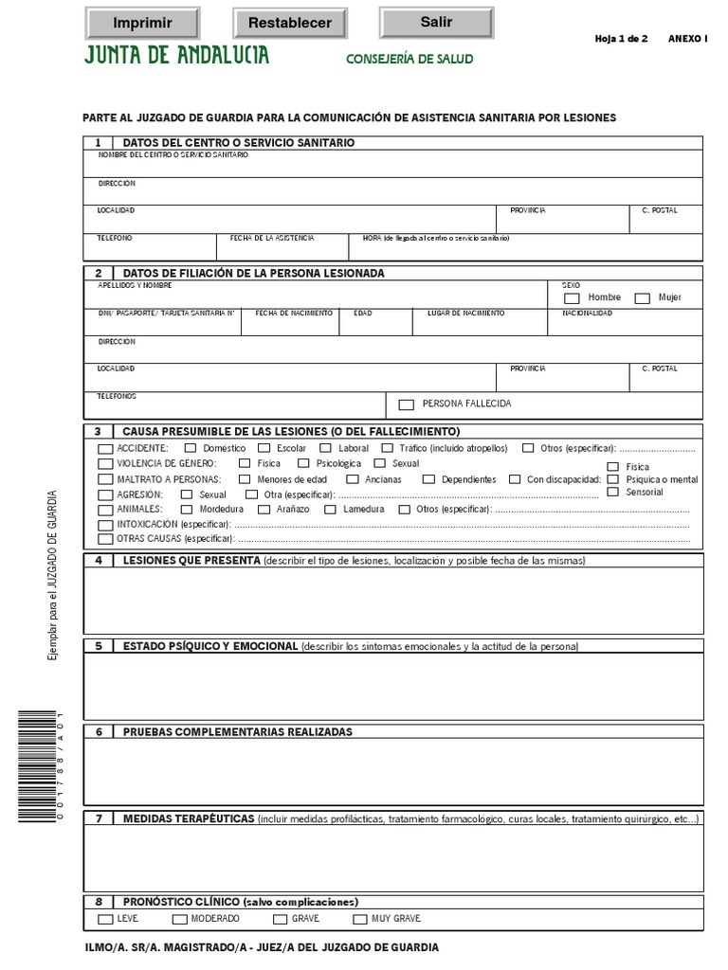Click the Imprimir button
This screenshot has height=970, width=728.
142,23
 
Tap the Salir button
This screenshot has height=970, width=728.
436,22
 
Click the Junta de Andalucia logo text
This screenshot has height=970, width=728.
177,56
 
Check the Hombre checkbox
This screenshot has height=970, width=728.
572,298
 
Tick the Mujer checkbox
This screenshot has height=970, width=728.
642,298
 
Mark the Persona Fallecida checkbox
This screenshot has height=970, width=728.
407,404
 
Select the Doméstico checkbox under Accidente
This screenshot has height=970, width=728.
191,448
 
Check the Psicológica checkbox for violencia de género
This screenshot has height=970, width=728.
303,464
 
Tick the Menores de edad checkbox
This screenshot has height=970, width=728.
244,480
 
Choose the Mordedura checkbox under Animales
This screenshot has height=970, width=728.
186,510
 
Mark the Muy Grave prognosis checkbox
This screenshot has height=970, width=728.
360,920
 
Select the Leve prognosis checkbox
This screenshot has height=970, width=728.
105,920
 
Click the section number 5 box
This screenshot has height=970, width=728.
99,646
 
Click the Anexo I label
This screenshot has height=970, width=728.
687,39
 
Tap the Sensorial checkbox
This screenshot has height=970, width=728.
612,493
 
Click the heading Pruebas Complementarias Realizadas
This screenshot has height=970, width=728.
237,732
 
